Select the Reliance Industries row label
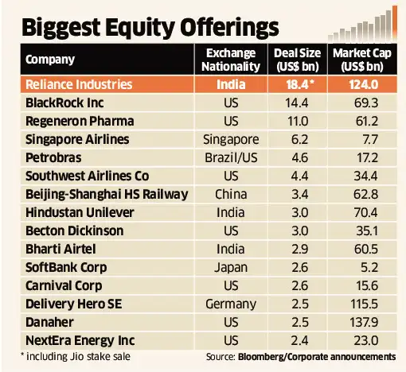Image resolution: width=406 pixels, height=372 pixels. (82, 84)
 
